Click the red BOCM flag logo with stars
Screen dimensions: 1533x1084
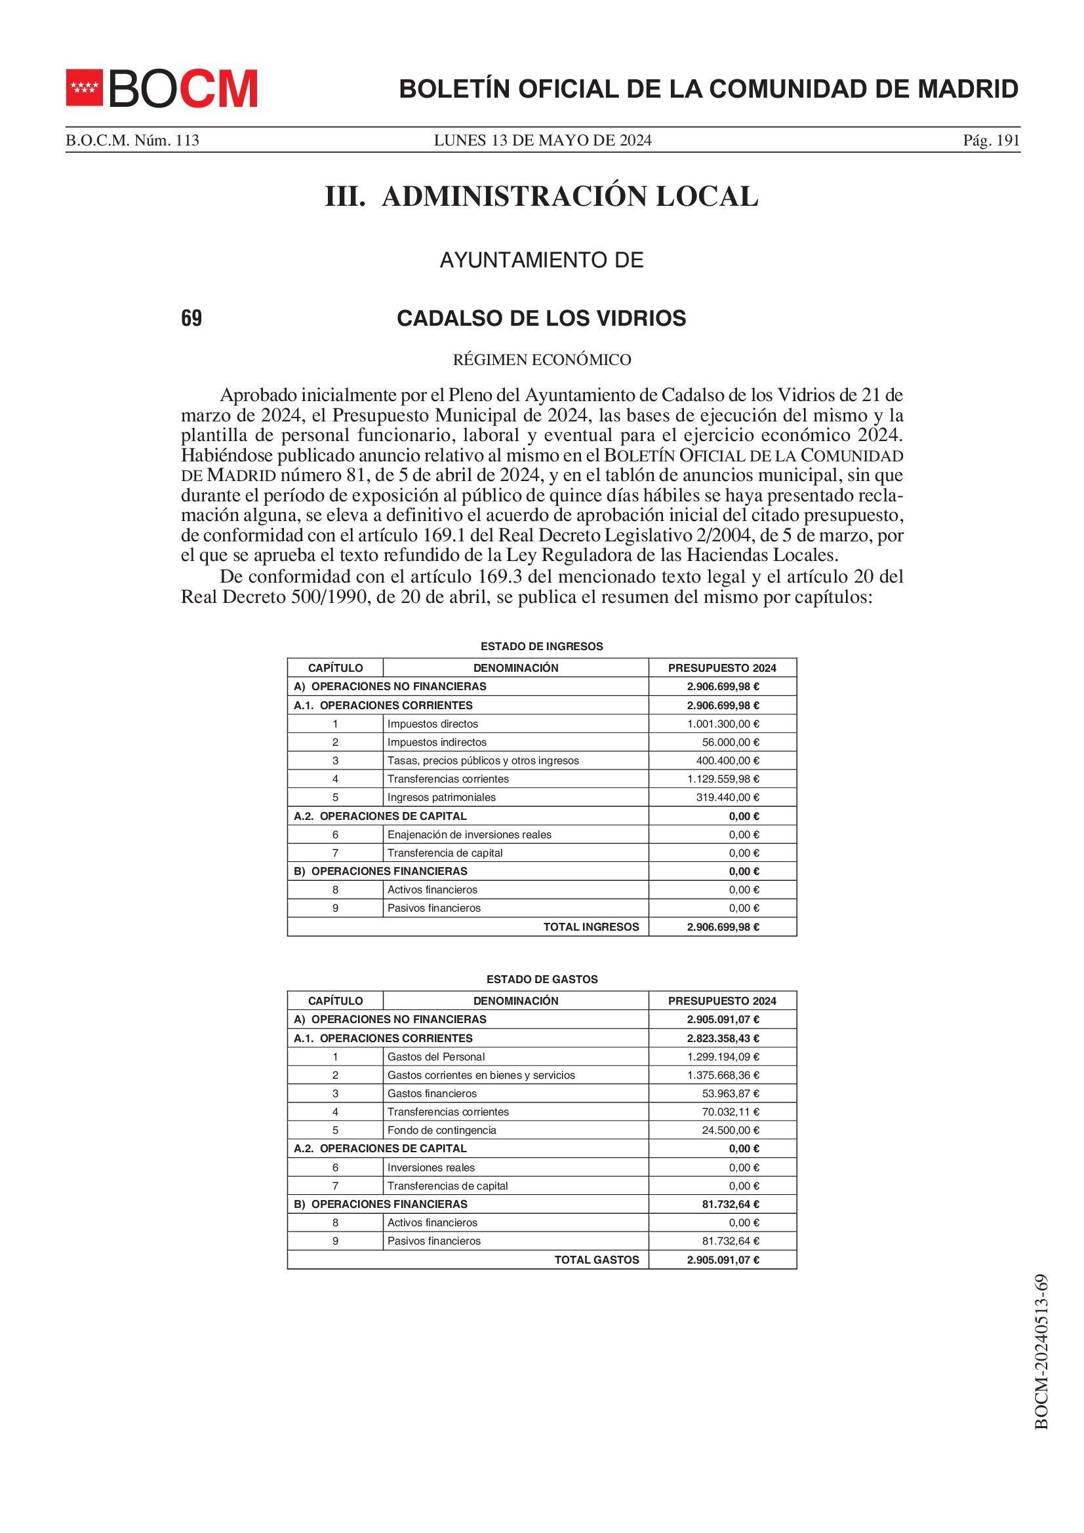84,87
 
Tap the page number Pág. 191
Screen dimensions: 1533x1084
991,140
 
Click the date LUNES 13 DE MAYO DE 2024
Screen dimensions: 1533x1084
542,140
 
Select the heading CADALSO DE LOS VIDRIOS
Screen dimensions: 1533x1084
541,319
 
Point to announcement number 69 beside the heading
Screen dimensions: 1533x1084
191,319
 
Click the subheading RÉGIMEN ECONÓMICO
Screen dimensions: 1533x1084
542,360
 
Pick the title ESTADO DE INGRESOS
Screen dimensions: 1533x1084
542,646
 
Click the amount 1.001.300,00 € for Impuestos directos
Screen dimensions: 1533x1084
723,724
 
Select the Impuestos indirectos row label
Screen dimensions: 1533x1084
437,742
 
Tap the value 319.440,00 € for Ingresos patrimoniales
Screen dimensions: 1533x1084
727,797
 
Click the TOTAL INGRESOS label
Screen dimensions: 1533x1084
591,927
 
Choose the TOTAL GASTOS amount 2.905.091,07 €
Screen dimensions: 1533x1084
723,1260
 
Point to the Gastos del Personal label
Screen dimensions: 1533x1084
436,1057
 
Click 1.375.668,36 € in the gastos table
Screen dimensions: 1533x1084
723,1075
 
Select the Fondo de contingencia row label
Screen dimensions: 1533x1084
441,1131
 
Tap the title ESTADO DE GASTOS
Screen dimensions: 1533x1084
542,979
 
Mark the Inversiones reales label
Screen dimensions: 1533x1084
431,1168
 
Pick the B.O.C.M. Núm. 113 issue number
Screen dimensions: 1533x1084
132,140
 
